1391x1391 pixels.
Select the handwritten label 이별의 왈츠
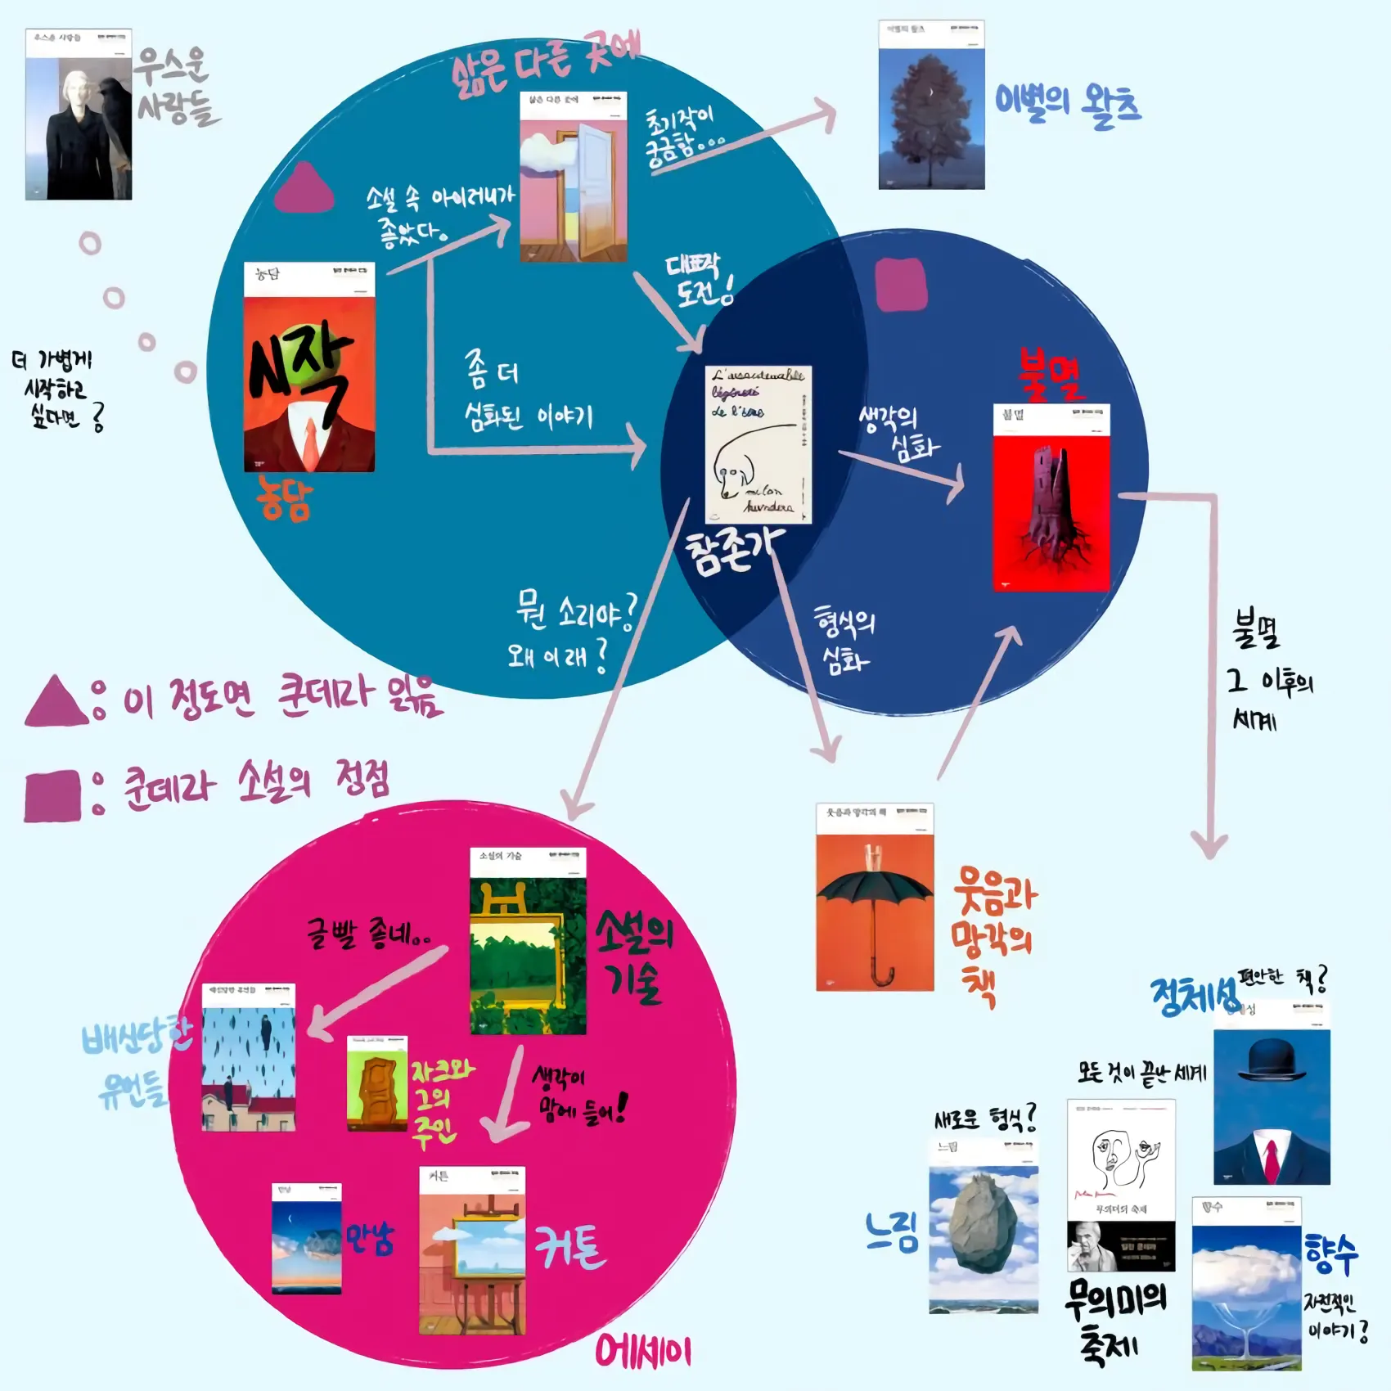(1067, 106)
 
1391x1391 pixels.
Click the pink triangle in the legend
(56, 703)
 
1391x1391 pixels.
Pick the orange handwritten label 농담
(284, 498)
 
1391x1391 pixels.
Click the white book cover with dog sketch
(758, 444)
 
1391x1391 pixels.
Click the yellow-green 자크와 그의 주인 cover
(377, 1084)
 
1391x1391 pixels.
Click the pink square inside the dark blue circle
(901, 285)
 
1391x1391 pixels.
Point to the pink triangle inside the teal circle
(304, 188)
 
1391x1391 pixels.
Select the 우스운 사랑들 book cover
(79, 115)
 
